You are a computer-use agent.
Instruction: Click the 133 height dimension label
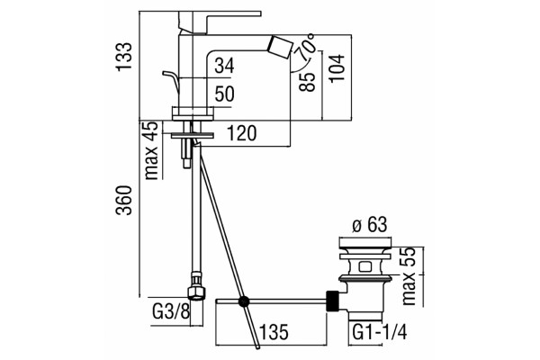point(123,57)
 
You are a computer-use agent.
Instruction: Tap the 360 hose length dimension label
point(123,200)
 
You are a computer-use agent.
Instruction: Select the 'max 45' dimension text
point(151,151)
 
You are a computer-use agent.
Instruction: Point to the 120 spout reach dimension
point(242,133)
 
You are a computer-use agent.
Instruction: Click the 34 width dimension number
point(224,66)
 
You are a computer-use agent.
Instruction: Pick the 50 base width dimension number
point(224,94)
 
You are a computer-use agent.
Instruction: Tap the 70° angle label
point(307,45)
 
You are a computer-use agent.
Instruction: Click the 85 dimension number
point(307,82)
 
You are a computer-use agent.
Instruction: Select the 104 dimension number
point(337,67)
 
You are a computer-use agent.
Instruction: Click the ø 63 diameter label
point(370,225)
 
